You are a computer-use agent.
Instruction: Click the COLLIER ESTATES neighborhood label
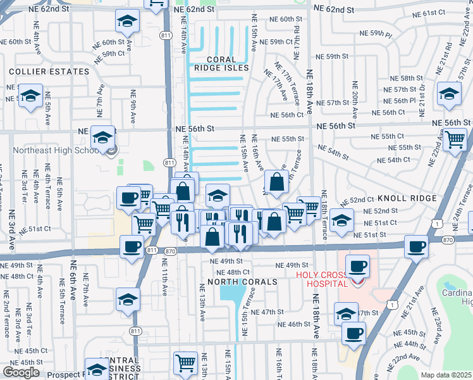point(40,72)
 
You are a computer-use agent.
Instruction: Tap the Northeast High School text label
point(54,150)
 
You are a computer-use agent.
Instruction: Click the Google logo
point(21,372)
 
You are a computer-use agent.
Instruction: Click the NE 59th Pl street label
point(376,33)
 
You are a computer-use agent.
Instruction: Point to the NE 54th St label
point(333,152)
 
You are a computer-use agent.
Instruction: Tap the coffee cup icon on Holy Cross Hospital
point(357,266)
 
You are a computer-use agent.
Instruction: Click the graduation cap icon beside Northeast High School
point(102,137)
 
